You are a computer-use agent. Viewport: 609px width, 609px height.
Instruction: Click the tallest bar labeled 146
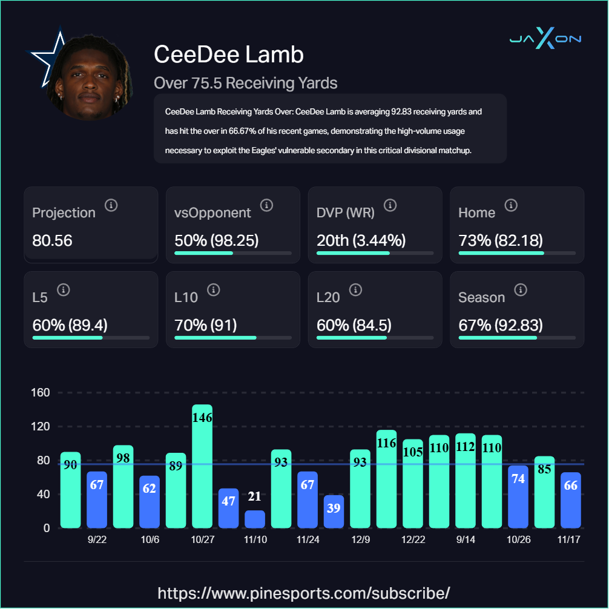(x=202, y=466)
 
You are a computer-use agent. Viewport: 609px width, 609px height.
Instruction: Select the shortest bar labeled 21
(x=255, y=519)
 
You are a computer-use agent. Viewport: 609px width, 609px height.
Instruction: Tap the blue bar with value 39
(x=334, y=512)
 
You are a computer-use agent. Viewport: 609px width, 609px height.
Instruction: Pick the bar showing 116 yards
(x=386, y=479)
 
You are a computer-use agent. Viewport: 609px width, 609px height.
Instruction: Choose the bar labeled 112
(x=465, y=481)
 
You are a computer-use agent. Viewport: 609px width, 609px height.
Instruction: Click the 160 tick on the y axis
(x=41, y=393)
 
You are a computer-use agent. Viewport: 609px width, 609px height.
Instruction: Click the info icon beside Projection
(x=111, y=205)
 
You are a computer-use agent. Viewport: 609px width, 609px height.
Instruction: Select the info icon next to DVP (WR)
(x=390, y=205)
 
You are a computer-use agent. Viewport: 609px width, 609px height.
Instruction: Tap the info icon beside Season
(x=520, y=290)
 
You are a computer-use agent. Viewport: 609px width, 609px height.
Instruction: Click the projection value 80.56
(x=52, y=240)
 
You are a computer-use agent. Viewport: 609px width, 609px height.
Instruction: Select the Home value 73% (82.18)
(x=500, y=240)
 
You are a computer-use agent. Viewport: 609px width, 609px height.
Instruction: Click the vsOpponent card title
(x=212, y=212)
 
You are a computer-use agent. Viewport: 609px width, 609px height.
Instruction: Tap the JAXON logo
(x=545, y=39)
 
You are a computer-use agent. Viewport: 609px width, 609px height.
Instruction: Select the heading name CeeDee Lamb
(x=229, y=54)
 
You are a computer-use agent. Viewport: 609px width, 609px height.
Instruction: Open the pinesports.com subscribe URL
(x=304, y=592)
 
